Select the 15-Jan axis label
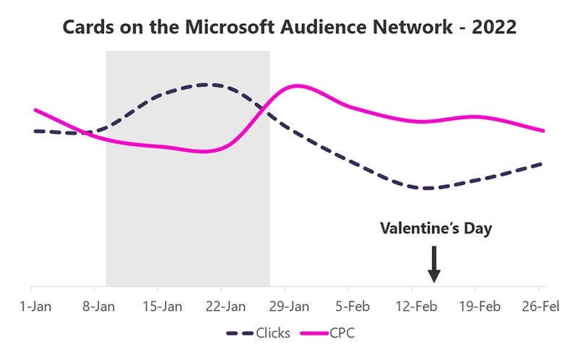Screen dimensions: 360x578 163,307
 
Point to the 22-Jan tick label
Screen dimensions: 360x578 226,307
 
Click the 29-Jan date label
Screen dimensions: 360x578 290,307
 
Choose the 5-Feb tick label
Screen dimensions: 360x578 353,307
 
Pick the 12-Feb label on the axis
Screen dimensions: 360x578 417,307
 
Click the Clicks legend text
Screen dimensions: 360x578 273,333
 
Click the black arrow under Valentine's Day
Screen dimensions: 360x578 433,265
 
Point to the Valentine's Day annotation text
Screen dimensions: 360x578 436,229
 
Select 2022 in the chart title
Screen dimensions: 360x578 492,27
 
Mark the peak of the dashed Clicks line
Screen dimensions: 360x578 204,85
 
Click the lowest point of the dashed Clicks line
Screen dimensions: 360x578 428,189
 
